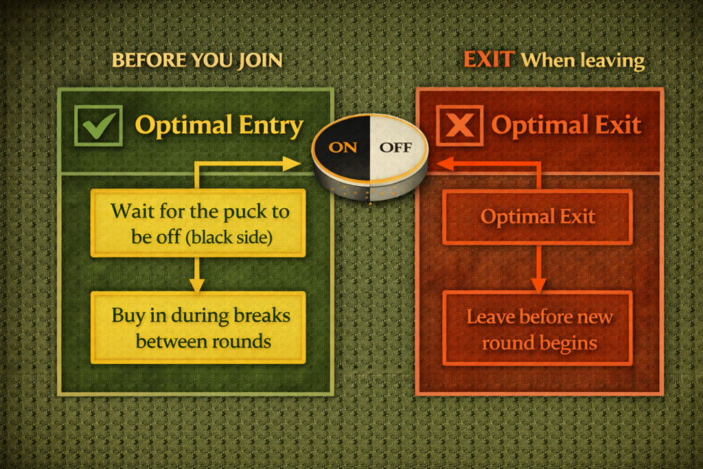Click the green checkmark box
99,126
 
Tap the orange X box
459,126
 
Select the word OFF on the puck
395,146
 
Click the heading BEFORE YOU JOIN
197,60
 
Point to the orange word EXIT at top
488,59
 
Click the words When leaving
582,61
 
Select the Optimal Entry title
219,126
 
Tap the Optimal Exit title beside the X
566,126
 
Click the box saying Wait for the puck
198,223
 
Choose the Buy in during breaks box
198,328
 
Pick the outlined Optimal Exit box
537,217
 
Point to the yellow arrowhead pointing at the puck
293,163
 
